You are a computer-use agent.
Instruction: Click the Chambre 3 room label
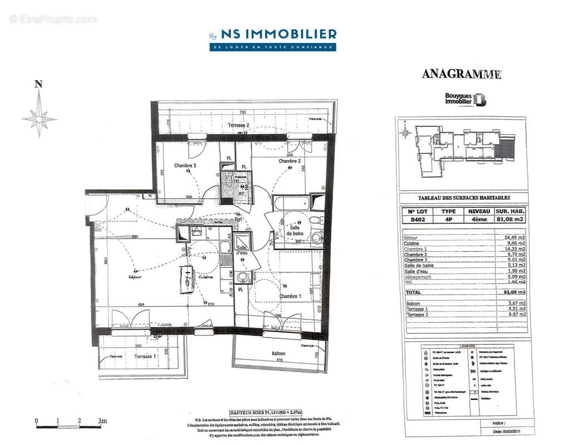[185, 166]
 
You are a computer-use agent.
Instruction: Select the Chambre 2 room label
[290, 161]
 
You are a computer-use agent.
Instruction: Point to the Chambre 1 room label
[290, 296]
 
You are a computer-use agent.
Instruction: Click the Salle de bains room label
[293, 231]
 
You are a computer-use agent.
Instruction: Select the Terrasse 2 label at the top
[239, 126]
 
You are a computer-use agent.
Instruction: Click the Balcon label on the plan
[278, 354]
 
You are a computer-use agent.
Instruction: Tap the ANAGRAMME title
[461, 74]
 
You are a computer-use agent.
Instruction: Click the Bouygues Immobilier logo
[465, 99]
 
